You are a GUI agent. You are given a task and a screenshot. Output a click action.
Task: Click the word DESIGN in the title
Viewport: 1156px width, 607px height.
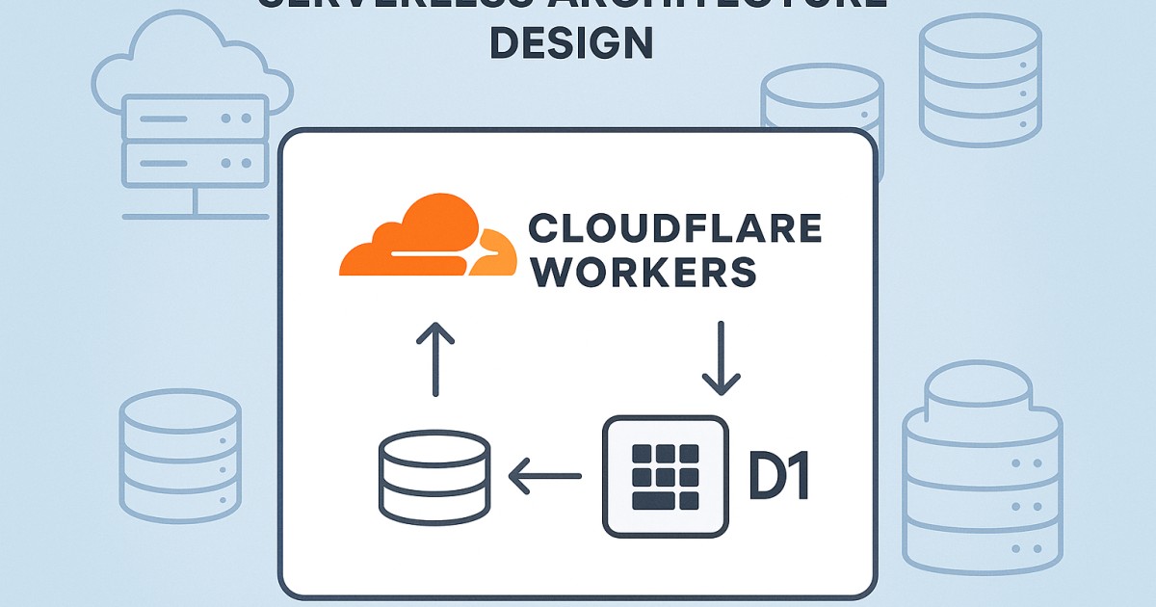571,42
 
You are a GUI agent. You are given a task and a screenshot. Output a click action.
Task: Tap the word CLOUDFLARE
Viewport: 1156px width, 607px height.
675,229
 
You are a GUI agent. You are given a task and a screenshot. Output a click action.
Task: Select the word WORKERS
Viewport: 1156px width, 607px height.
644,272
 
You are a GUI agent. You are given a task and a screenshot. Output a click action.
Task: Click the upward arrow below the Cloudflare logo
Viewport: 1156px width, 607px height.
434,357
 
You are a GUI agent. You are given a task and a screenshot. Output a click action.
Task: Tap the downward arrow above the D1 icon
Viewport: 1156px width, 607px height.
721,357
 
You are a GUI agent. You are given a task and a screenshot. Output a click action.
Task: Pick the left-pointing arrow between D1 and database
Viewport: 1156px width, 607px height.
545,476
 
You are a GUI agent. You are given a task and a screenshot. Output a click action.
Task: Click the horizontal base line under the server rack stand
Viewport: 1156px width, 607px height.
195,216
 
